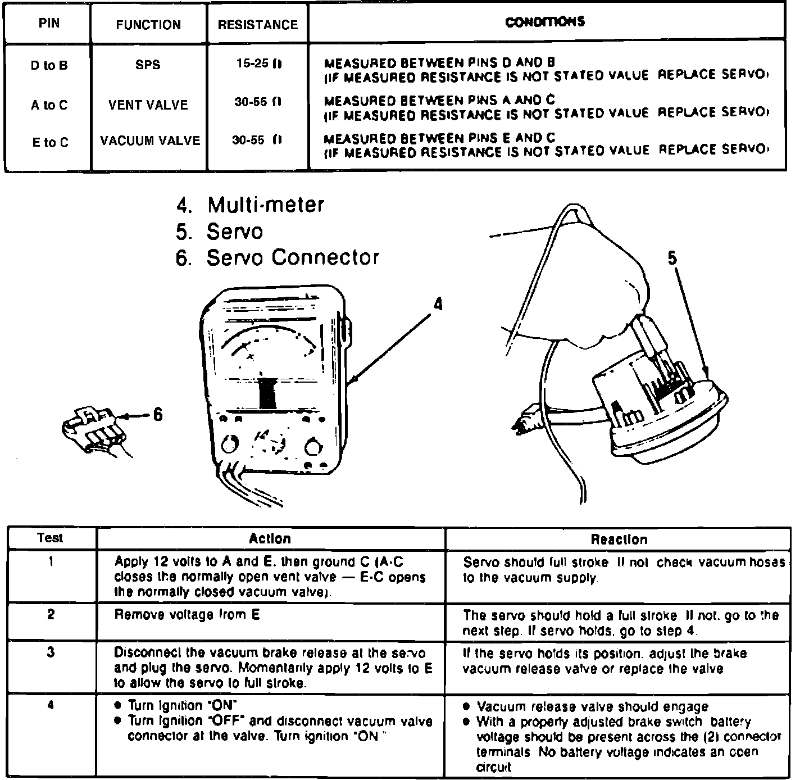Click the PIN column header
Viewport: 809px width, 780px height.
tap(49, 24)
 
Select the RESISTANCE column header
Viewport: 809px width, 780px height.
tap(257, 25)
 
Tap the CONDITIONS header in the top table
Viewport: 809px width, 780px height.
tap(545, 22)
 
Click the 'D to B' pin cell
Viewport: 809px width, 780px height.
tap(49, 65)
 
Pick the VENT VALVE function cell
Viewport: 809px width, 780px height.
tap(148, 105)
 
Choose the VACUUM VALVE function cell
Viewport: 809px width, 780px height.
tap(150, 140)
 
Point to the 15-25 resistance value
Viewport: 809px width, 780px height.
tap(257, 64)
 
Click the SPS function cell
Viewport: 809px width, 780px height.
tap(148, 65)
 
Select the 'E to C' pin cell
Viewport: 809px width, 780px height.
tap(50, 143)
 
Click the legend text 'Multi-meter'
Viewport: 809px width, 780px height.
tap(266, 205)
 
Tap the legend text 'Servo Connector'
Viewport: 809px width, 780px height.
tap(293, 257)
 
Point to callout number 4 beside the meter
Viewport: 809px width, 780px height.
tap(438, 304)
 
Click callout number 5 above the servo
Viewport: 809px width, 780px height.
tap(672, 259)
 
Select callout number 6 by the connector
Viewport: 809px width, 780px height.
tap(158, 415)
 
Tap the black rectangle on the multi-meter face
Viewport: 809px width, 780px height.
tap(267, 393)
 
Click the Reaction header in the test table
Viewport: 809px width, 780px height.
tap(619, 539)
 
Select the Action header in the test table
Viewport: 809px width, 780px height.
tap(270, 538)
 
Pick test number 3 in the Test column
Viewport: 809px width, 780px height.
tap(51, 653)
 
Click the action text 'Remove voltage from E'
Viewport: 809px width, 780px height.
tap(187, 615)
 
